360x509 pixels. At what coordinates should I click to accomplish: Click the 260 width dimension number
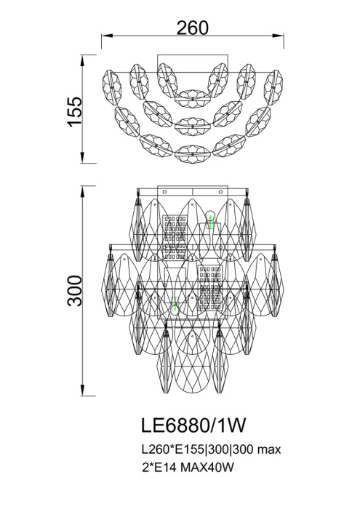[192, 28]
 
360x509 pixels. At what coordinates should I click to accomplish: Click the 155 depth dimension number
[75, 111]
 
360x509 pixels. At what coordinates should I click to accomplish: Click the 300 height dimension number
[75, 291]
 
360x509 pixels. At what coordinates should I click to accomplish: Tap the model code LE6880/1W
[193, 425]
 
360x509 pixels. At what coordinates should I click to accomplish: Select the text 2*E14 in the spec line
[159, 468]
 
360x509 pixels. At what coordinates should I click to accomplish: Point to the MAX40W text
[207, 468]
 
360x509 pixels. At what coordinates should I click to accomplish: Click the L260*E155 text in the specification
[173, 450]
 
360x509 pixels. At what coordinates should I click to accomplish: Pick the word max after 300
[269, 451]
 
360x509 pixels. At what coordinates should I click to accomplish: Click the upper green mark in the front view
[210, 222]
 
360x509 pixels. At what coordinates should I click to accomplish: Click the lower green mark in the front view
[175, 304]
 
